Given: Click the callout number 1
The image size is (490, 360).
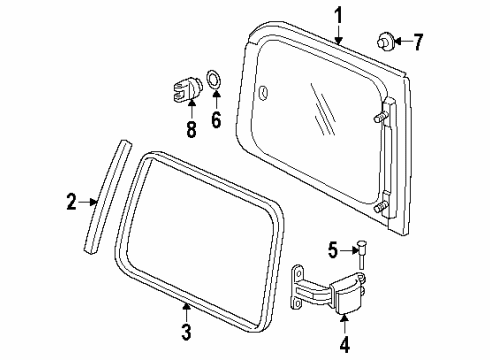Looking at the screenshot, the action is tap(338, 16).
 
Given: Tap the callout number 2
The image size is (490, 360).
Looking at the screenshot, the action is tap(71, 203).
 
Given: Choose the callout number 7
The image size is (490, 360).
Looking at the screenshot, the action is tap(418, 42).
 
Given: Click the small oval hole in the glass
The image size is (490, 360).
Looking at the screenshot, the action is tap(263, 93).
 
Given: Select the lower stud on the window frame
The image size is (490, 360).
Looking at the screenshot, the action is tap(380, 209).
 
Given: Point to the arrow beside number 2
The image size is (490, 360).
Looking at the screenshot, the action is tap(87, 203).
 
